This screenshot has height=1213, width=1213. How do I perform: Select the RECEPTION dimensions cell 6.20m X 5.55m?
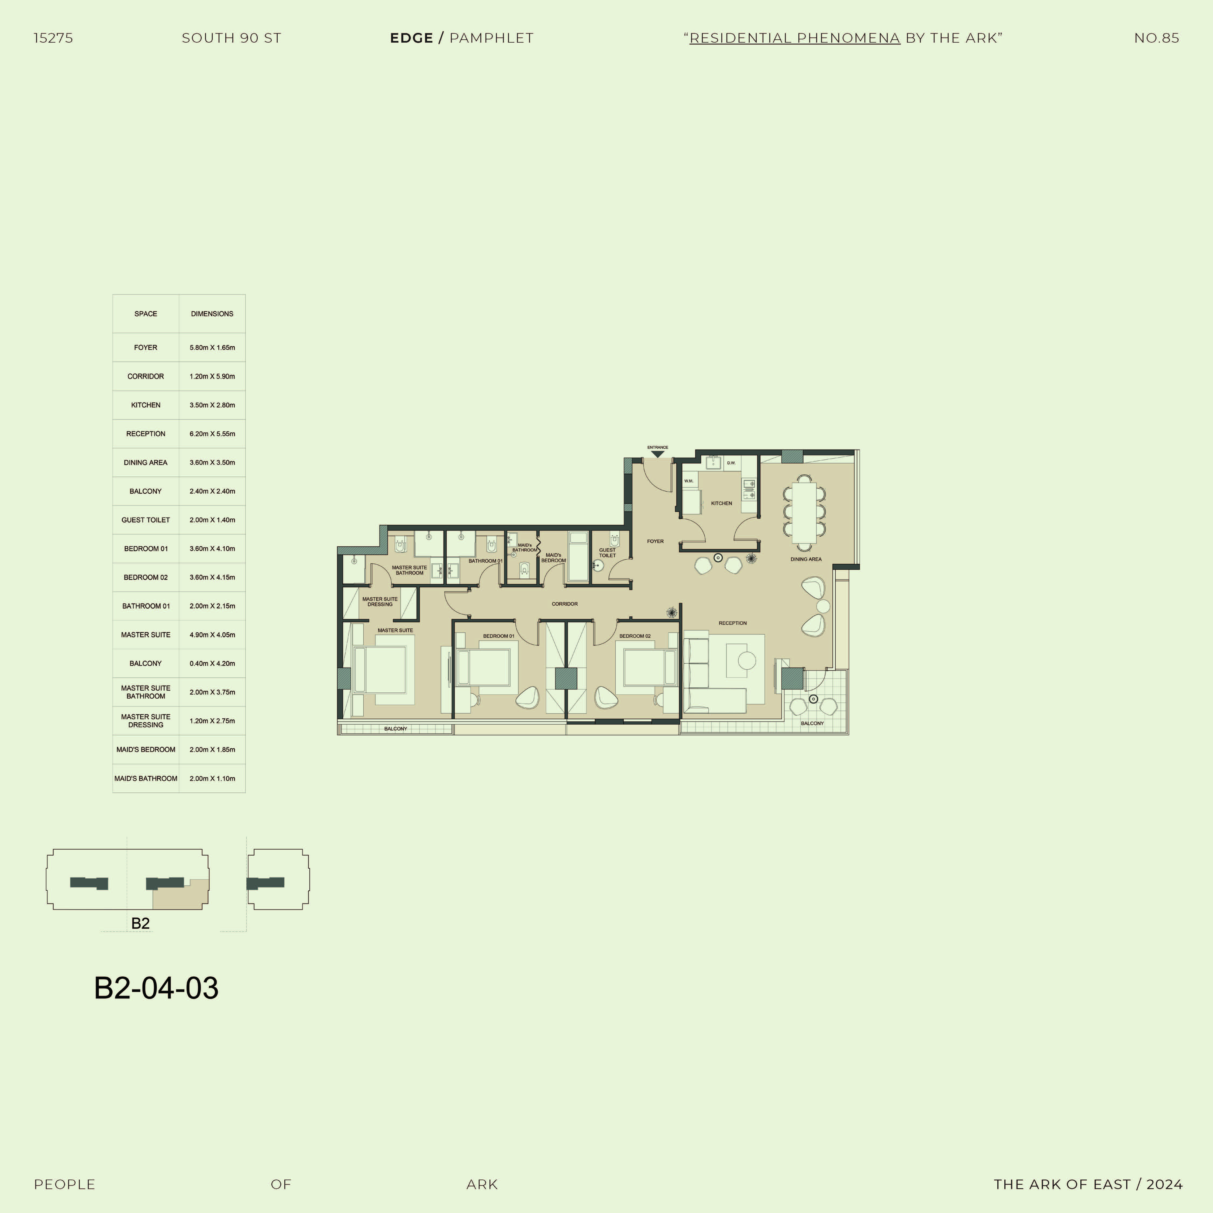tap(212, 434)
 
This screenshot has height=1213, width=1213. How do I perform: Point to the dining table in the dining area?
tap(804, 512)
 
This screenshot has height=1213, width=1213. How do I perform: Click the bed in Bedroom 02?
tap(650, 667)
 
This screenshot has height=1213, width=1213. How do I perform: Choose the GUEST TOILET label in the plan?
tap(607, 553)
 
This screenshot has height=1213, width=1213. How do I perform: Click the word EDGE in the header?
tap(411, 38)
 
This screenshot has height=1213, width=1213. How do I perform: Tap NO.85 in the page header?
tap(1156, 38)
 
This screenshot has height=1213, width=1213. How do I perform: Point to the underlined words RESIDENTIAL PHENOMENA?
tap(795, 38)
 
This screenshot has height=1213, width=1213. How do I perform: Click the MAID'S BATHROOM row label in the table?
tap(146, 778)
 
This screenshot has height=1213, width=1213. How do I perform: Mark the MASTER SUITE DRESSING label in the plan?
tap(380, 601)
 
